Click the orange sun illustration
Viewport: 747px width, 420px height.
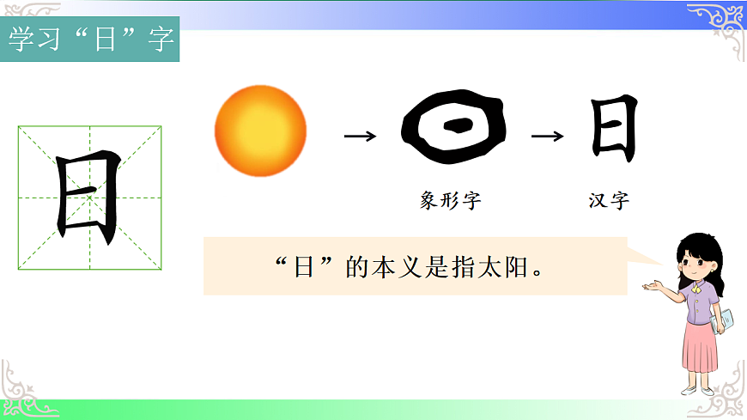coord(260,131)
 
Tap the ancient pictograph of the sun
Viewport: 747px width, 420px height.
coord(454,130)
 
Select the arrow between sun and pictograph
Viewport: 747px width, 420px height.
coord(360,136)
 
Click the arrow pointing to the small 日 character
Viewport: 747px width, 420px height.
coord(548,136)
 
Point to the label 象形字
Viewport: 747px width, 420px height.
coord(450,202)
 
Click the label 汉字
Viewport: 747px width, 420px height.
coord(609,202)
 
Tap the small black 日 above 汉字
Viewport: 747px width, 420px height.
coord(614,129)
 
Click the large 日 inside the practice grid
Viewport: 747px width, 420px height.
coord(88,198)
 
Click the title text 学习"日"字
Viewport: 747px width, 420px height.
coord(90,40)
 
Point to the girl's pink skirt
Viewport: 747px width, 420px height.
coord(701,348)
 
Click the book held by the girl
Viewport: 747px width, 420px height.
coord(723,320)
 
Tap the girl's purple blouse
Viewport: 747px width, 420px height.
coord(699,304)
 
